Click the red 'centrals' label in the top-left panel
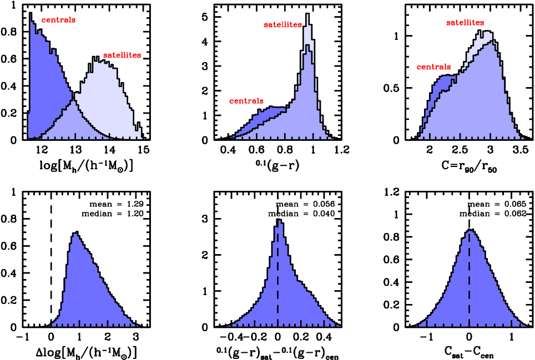tap(58, 20)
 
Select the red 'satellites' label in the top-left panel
tap(122, 55)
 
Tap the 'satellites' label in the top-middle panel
tap(282, 24)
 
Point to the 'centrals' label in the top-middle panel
tap(246, 101)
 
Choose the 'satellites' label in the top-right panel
tap(465, 23)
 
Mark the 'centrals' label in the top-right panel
tap(433, 67)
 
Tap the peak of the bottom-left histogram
tap(75, 235)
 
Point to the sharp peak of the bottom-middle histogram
tap(280, 221)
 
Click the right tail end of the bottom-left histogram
tap(137, 325)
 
